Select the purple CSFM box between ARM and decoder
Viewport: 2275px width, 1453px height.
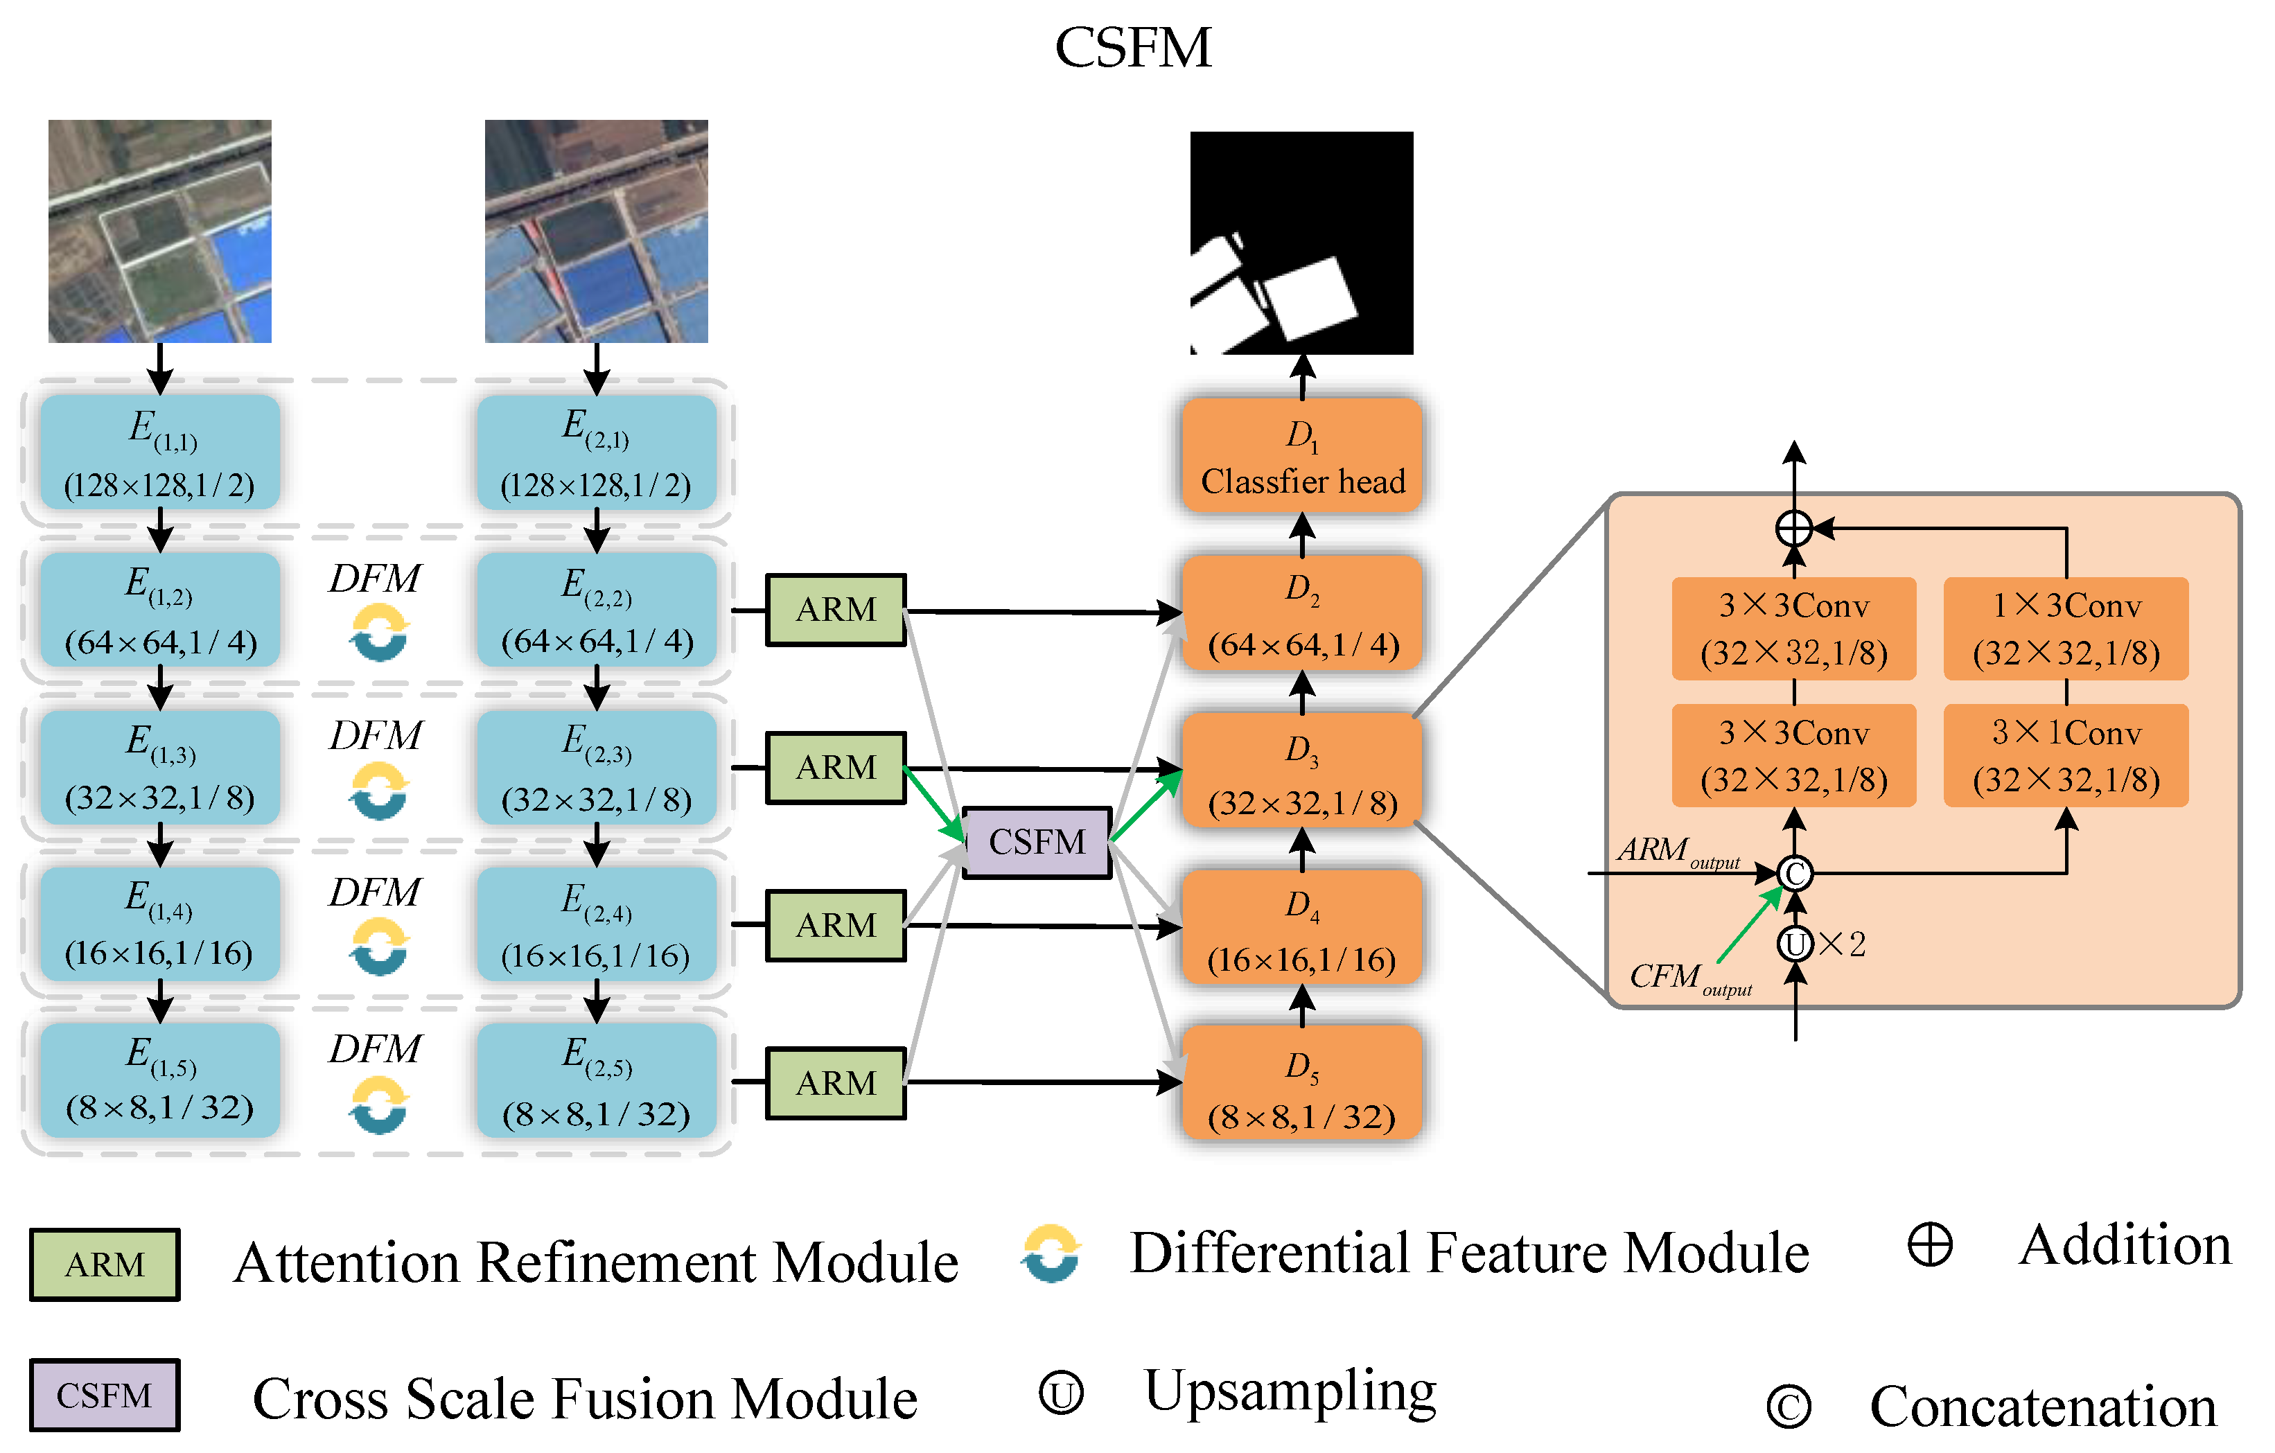pos(1037,842)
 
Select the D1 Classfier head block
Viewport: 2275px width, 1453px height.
pos(1302,457)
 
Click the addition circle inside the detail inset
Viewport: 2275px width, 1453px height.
pos(1794,528)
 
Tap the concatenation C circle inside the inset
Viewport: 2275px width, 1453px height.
pos(1794,873)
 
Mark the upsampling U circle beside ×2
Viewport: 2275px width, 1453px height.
pos(1795,943)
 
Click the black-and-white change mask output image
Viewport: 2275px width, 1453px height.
pos(1301,243)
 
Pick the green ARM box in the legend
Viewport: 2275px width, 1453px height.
pos(105,1264)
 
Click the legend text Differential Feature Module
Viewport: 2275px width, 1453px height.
pos(1468,1253)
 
